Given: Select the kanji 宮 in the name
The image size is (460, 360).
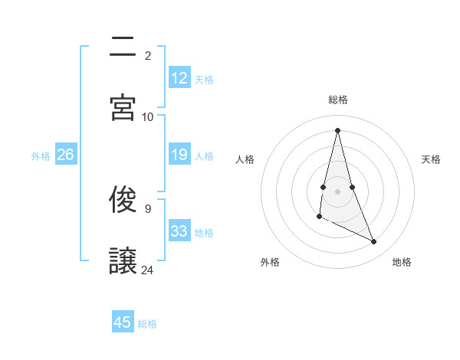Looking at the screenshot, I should (x=123, y=107).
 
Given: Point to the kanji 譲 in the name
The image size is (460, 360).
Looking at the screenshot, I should (x=123, y=261).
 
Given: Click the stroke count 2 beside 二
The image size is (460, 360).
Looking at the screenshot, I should (x=148, y=56).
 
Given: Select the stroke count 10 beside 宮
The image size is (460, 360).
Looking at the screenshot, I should (x=148, y=116).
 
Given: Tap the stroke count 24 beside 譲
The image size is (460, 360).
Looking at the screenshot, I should (x=148, y=270).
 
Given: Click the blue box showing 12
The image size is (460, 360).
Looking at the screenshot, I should (x=179, y=78).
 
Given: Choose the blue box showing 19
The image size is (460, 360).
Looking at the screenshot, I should (x=179, y=155).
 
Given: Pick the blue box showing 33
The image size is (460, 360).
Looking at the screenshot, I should (x=179, y=231).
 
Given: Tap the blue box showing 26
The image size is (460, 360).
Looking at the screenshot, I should (x=65, y=155).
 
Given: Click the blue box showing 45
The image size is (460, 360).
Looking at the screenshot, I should (x=123, y=322).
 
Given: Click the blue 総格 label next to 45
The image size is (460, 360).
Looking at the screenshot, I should (x=147, y=324).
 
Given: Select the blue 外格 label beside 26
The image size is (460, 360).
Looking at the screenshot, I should (x=41, y=156).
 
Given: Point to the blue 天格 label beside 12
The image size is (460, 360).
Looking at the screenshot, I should (x=204, y=79).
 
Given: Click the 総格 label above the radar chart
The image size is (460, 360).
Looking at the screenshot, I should (x=338, y=100).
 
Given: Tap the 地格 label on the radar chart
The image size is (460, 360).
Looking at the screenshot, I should (x=402, y=263).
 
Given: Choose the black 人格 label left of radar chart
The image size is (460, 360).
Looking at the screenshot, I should (x=245, y=159).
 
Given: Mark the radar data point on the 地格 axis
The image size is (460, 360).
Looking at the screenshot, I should (x=374, y=242).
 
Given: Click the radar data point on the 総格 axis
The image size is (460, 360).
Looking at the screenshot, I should (x=338, y=129).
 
